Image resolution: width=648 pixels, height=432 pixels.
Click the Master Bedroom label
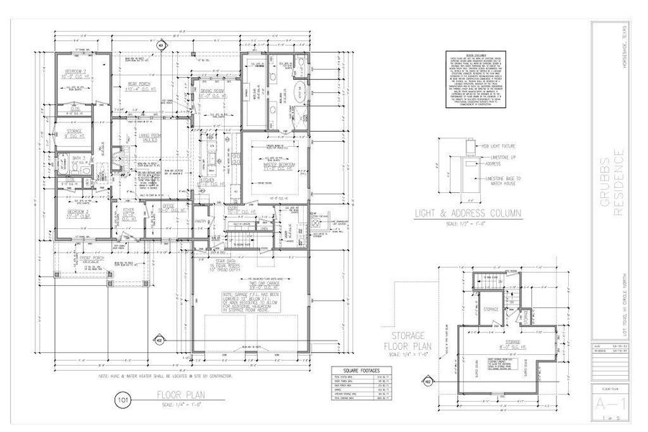tap(272, 166)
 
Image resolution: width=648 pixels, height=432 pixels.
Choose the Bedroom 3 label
tap(78, 73)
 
